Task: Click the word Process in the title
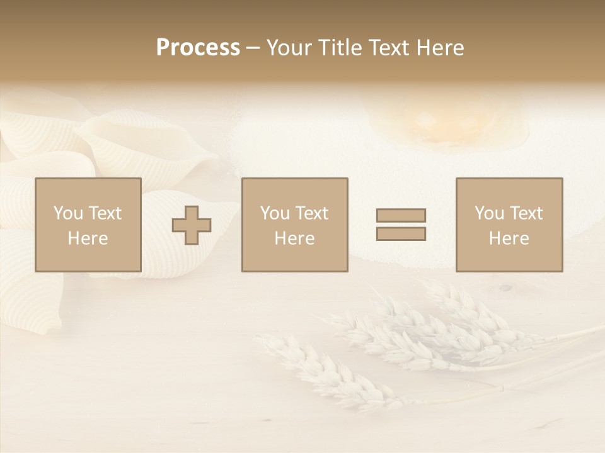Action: pyautogui.click(x=198, y=48)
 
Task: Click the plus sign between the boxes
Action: pyautogui.click(x=192, y=225)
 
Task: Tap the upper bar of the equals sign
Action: pyautogui.click(x=401, y=215)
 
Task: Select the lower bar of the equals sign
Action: pyautogui.click(x=401, y=233)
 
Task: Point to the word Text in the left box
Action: pyautogui.click(x=104, y=213)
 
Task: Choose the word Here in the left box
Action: pyautogui.click(x=88, y=238)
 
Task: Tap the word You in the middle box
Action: pyautogui.click(x=275, y=213)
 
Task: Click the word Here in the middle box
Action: pyautogui.click(x=294, y=238)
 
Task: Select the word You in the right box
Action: pyautogui.click(x=489, y=213)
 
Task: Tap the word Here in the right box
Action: pyautogui.click(x=509, y=238)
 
